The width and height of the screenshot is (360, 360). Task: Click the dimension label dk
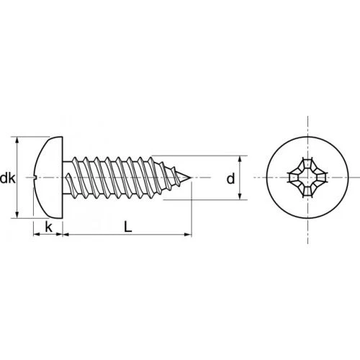7,179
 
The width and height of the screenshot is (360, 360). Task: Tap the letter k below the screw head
48,227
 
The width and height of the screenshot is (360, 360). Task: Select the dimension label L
128,227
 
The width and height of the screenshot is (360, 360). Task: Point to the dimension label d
230,179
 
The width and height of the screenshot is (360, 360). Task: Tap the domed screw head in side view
49,178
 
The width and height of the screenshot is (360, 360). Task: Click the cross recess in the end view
307,178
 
